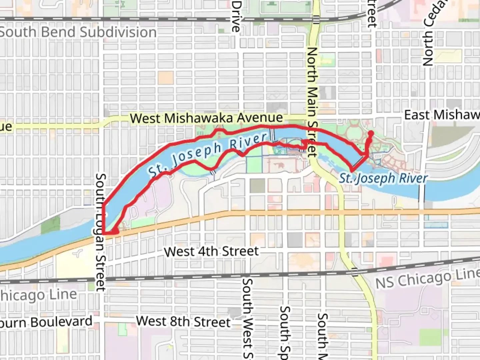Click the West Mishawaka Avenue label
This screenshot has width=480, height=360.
click(206, 118)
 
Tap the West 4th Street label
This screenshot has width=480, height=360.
click(211, 251)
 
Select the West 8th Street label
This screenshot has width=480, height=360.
click(183, 322)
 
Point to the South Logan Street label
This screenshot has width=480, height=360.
click(100, 232)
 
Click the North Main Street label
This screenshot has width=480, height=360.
click(311, 102)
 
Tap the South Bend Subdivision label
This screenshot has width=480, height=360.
click(78, 32)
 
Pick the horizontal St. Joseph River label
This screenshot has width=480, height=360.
click(383, 178)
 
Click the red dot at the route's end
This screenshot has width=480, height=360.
click(370, 134)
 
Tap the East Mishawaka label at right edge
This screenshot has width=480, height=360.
click(442, 115)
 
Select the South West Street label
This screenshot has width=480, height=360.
click(247, 318)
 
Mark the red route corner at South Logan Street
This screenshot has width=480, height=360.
click(104, 233)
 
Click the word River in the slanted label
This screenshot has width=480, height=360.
click(248, 142)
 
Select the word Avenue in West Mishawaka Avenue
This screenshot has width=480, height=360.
click(260, 118)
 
